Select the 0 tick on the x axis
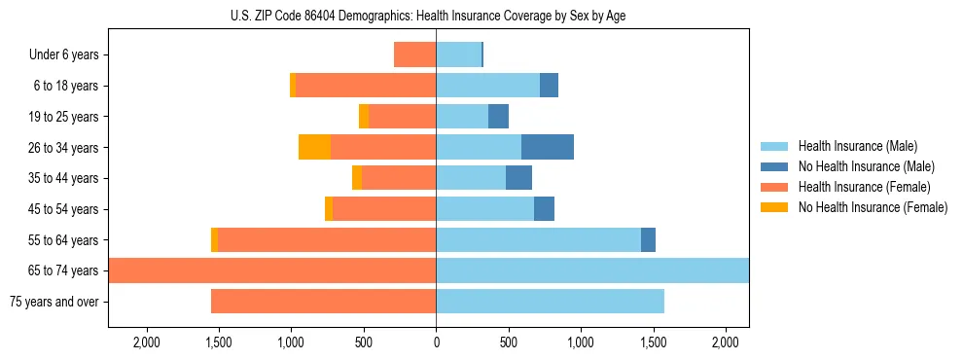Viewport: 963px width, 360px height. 436,342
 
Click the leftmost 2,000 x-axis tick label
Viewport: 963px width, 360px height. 147,342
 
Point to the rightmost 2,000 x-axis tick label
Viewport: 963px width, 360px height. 726,342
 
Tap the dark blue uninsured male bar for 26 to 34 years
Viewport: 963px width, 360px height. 548,147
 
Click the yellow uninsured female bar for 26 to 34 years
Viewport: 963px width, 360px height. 314,147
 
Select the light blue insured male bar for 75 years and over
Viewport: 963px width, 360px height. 550,302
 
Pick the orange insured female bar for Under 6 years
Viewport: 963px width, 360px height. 414,54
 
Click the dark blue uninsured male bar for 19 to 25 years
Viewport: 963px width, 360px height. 498,116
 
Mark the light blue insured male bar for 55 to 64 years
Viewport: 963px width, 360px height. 538,239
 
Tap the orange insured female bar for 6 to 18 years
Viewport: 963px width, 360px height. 366,86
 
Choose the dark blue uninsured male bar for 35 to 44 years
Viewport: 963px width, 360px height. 518,178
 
